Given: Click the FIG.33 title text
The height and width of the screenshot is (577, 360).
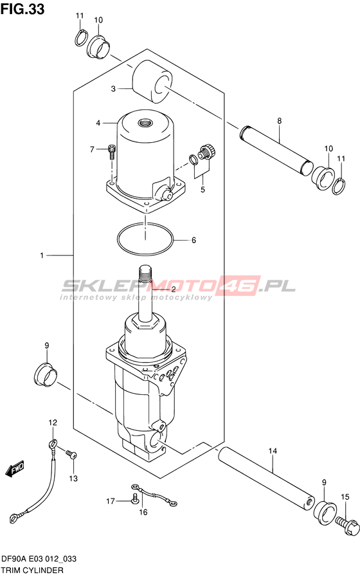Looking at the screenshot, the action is point(22,9).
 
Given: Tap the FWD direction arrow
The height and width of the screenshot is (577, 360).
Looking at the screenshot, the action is point(15,468).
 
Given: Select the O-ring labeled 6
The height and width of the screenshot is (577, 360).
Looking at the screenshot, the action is point(145,240).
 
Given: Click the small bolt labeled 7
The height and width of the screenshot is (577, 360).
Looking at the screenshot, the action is point(111,151).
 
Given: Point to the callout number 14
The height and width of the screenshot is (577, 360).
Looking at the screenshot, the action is point(273,451).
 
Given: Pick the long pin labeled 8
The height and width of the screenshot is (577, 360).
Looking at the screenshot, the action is point(276,151).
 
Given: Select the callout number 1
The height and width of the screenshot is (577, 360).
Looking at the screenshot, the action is point(42,255).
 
